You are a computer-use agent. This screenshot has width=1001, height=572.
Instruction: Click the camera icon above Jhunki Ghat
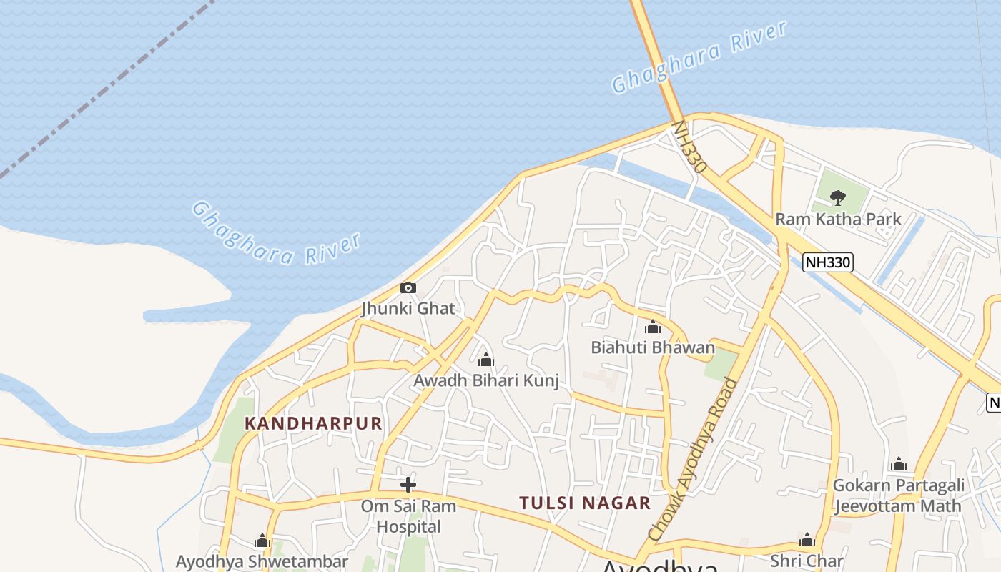(x=408, y=288)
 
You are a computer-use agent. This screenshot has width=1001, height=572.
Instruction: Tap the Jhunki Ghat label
(x=408, y=309)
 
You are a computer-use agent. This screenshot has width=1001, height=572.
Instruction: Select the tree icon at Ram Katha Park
(x=838, y=197)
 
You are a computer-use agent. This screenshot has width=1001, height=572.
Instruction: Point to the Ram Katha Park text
(x=838, y=219)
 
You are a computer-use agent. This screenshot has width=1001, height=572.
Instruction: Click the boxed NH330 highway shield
(x=828, y=262)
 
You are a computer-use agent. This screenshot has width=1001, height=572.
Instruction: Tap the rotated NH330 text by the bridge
(x=689, y=147)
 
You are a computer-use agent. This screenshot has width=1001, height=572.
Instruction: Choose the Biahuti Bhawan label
(x=652, y=347)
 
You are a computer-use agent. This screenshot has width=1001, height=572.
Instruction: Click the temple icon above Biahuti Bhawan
(x=652, y=327)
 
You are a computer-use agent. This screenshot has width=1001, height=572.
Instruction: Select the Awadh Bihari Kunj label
(x=486, y=380)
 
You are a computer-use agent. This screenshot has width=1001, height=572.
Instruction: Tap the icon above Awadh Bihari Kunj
(x=486, y=359)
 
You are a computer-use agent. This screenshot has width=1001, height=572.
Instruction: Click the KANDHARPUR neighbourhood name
(x=313, y=423)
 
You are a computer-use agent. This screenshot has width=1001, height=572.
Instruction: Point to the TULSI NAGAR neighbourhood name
(x=585, y=503)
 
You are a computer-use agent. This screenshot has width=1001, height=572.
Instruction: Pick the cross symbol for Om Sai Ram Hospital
(x=408, y=485)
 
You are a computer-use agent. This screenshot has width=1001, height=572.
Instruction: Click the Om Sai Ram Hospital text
(x=408, y=516)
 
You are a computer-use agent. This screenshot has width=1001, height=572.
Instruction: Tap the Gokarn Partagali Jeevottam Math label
(x=898, y=495)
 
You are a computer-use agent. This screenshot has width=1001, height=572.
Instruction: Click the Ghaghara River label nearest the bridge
(x=699, y=56)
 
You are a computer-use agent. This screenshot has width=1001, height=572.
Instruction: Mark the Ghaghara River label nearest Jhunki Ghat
(x=276, y=233)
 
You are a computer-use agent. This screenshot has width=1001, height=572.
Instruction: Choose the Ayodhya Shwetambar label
(x=262, y=561)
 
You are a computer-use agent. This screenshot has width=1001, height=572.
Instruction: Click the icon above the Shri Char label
(x=807, y=540)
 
